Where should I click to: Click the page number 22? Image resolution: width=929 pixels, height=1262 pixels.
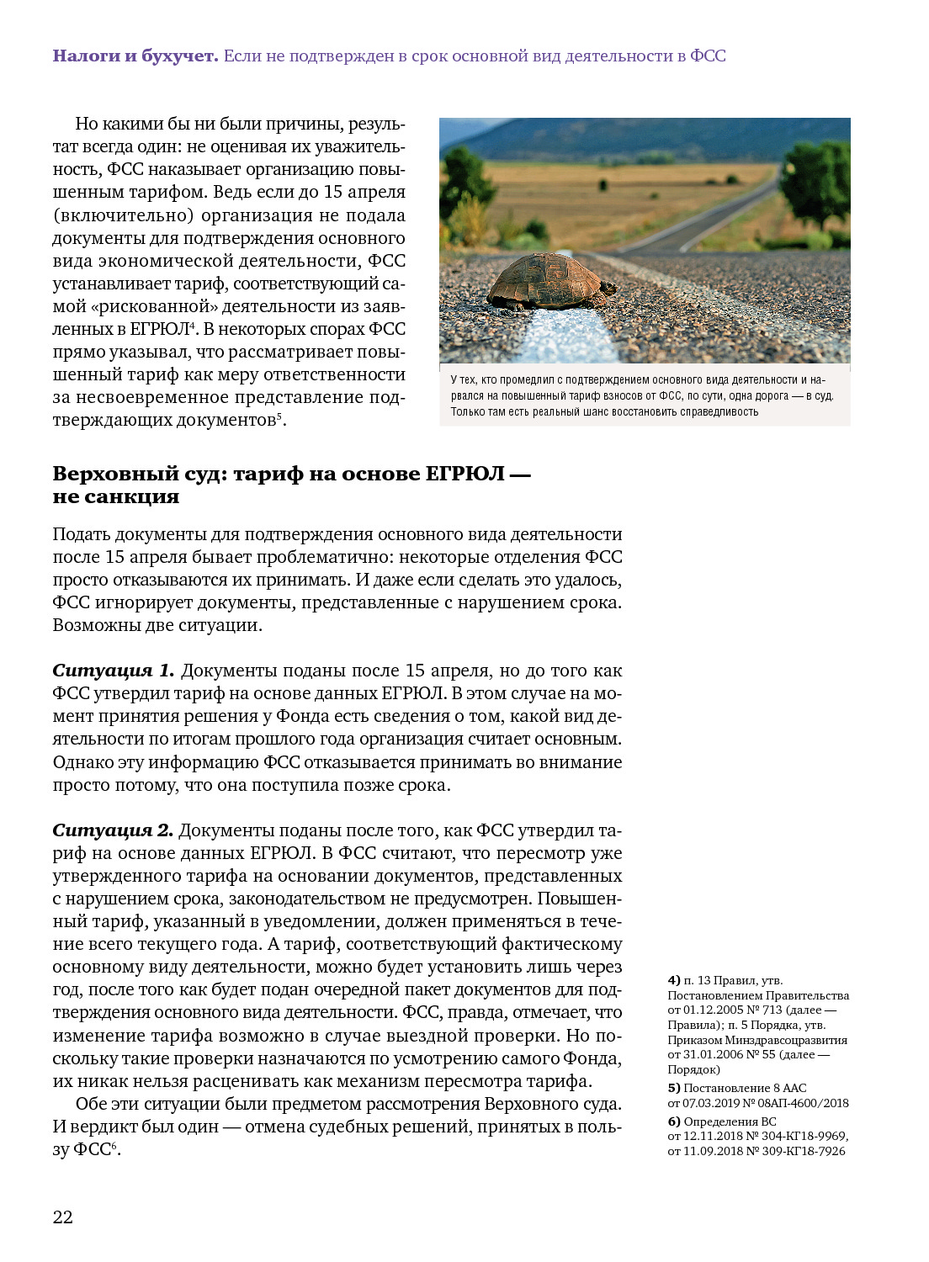pyautogui.click(x=63, y=1217)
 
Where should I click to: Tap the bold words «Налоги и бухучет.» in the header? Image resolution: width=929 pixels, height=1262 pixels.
pyautogui.click(x=135, y=56)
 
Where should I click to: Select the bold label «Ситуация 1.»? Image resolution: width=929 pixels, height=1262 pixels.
pyautogui.click(x=114, y=671)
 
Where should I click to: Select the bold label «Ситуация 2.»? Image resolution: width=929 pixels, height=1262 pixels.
pyautogui.click(x=113, y=830)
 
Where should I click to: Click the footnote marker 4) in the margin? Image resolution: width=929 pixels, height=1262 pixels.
pyautogui.click(x=674, y=980)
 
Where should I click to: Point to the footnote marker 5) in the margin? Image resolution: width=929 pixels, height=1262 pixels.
pyautogui.click(x=674, y=1088)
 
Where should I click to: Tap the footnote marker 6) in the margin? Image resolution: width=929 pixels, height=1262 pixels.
pyautogui.click(x=674, y=1121)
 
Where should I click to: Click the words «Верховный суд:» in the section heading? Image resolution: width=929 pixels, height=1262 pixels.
pyautogui.click(x=140, y=475)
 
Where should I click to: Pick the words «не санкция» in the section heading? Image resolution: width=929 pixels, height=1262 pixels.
pyautogui.click(x=116, y=497)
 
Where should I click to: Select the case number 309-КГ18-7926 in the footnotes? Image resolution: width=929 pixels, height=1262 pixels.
pyautogui.click(x=804, y=1151)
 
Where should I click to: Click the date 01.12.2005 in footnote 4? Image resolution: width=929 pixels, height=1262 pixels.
pyautogui.click(x=714, y=1010)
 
